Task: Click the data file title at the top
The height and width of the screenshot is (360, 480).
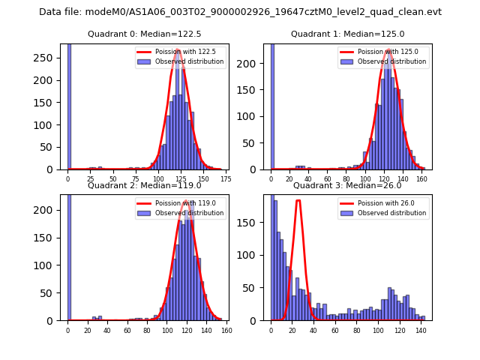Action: click(240, 12)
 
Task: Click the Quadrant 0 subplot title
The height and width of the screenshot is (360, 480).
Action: click(144, 34)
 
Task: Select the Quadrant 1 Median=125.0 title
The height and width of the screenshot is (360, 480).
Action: click(347, 34)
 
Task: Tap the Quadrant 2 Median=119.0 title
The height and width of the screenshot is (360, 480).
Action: click(144, 185)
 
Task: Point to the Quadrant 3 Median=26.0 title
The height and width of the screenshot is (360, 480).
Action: click(347, 185)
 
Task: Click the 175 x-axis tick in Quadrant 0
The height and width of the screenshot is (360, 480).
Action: click(226, 180)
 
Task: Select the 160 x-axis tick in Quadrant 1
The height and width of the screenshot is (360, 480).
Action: click(421, 180)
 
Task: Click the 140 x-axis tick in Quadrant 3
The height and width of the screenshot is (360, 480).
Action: click(423, 331)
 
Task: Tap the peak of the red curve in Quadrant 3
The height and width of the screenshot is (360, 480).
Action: click(298, 200)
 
